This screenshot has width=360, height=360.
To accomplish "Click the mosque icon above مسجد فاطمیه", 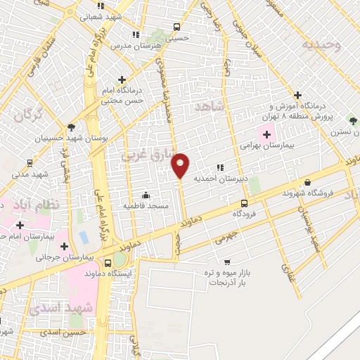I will [x=146, y=195].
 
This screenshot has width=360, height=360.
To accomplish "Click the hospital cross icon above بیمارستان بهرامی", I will [x=267, y=134].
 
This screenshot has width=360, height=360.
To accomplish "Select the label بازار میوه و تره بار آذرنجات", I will [x=227, y=276].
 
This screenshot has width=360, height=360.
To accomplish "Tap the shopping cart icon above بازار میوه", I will [x=226, y=262].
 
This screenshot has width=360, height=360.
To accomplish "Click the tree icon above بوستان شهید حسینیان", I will [x=71, y=127].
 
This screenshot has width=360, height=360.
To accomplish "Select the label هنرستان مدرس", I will [x=135, y=45].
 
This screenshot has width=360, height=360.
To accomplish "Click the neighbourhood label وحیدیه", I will [x=321, y=45].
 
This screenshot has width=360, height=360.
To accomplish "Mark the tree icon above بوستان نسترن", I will [x=352, y=121].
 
